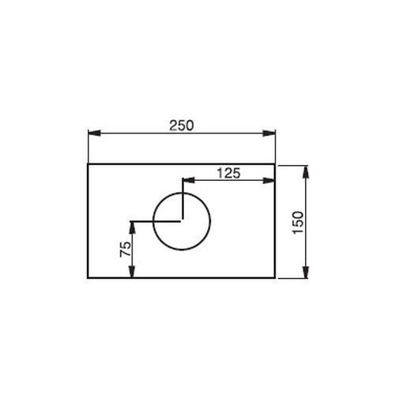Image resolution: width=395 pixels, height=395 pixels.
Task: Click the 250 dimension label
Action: (x=182, y=126)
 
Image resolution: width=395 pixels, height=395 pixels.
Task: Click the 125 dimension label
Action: (x=228, y=173)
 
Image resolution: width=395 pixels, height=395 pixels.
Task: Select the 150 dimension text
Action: (x=298, y=222)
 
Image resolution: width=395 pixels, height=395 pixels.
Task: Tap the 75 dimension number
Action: (x=125, y=249)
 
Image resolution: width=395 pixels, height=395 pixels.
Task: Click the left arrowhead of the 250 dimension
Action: (x=94, y=133)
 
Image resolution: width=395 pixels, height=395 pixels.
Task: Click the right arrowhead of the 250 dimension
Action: (x=269, y=133)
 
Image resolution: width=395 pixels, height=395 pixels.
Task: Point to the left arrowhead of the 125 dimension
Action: (x=189, y=180)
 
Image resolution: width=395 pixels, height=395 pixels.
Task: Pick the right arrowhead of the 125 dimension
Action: (x=269, y=180)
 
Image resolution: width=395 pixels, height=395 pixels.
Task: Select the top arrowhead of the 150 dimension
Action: (x=306, y=172)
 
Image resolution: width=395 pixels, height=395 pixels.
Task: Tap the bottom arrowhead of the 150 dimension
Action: (x=306, y=272)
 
